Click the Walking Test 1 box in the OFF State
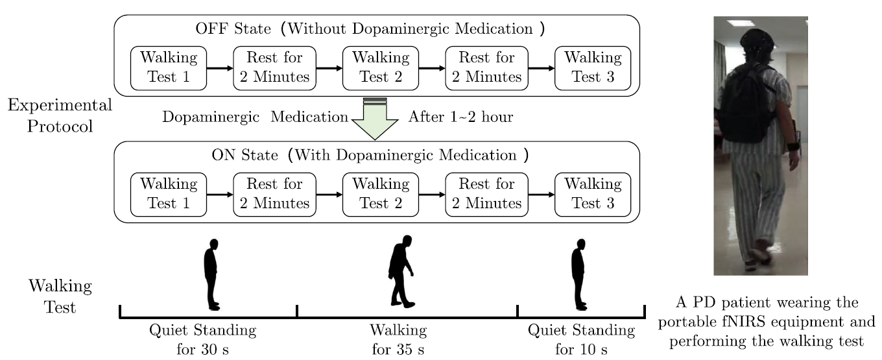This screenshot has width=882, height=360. (x=169, y=67)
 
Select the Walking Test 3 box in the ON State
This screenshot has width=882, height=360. (x=593, y=193)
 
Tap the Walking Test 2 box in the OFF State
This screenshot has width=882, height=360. (x=381, y=67)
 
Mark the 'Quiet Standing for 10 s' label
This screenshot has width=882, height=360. (x=581, y=341)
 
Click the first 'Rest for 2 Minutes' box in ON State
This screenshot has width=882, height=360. (x=275, y=193)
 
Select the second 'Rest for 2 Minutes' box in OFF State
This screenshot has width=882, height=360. (x=486, y=67)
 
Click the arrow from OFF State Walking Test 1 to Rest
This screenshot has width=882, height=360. (x=220, y=67)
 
